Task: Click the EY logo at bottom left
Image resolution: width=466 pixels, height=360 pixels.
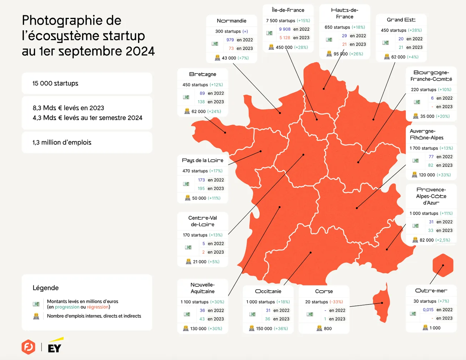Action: click(x=55, y=346)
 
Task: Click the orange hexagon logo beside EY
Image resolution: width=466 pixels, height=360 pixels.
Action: click(x=28, y=347)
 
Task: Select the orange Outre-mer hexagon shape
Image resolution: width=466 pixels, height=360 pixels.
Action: click(x=443, y=265)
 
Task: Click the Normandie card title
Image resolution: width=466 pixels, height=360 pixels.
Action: click(x=231, y=21)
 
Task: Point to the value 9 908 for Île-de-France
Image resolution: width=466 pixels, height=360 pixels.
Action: click(x=285, y=29)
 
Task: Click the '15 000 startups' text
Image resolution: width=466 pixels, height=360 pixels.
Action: click(x=55, y=83)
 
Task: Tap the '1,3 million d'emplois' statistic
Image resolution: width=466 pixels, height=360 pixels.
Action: click(x=62, y=142)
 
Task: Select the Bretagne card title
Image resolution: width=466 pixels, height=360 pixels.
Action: click(x=203, y=74)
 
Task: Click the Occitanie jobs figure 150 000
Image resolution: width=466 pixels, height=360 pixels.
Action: click(x=264, y=329)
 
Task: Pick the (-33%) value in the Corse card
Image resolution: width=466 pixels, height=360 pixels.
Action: click(x=336, y=302)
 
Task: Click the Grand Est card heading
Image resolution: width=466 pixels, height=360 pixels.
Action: click(x=401, y=20)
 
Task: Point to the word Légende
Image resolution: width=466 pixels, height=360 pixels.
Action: click(x=45, y=288)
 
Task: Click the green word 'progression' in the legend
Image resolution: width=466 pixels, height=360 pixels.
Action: click(x=67, y=307)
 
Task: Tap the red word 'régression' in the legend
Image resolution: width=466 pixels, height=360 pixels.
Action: click(x=98, y=307)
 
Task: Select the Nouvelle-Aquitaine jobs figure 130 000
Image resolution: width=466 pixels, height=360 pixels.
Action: click(x=198, y=329)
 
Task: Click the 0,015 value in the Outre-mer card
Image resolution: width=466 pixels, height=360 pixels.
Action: click(x=428, y=310)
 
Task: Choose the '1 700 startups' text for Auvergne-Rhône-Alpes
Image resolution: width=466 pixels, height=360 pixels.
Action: click(x=424, y=148)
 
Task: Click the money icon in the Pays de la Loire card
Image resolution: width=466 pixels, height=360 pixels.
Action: click(x=186, y=184)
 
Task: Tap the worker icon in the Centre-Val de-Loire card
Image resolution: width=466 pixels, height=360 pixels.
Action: click(x=188, y=262)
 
